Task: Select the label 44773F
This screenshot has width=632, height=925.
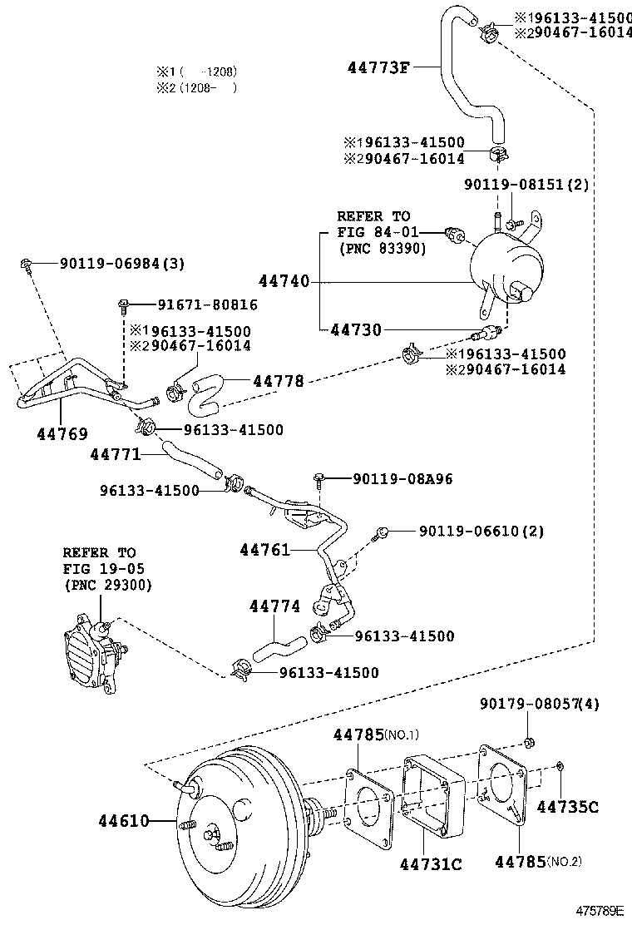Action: pos(378,67)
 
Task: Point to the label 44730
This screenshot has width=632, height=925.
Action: pos(355,329)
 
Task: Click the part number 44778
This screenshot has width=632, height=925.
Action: pos(278,381)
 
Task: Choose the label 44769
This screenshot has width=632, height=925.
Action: pos(62,433)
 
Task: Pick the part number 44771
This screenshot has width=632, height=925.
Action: pos(115,454)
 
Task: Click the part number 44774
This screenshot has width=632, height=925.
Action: pos(274,606)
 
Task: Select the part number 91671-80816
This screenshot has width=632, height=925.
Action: pos(197,305)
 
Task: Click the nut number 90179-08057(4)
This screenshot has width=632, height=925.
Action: pos(539,705)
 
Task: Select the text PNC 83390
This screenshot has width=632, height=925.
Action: pos(382,248)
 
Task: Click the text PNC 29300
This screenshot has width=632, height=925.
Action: pos(107,585)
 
